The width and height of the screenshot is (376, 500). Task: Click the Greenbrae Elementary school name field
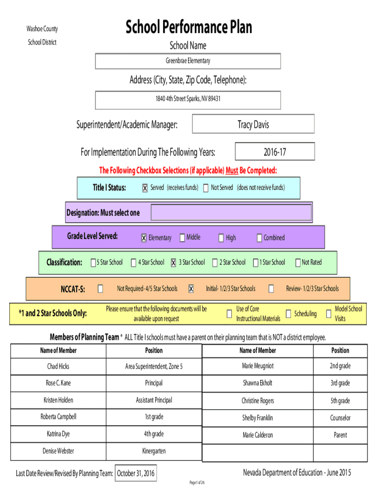[x=188, y=61]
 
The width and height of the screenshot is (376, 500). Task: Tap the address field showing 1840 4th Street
[x=188, y=100]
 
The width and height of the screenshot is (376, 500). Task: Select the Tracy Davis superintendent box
[x=253, y=124]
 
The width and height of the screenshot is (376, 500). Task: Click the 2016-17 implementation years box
[x=275, y=151]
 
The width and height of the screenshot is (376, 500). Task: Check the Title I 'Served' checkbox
[x=145, y=188]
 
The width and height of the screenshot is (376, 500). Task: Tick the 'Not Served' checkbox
[x=206, y=188]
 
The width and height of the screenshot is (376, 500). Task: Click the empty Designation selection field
[x=231, y=212]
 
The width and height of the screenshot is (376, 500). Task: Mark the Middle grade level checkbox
[x=183, y=238]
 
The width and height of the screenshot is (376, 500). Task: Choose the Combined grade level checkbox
[x=259, y=238]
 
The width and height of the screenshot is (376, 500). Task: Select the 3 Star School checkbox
[x=173, y=262]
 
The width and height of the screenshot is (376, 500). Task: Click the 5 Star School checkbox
[x=93, y=262]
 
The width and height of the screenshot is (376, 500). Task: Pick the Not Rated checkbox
[x=298, y=262]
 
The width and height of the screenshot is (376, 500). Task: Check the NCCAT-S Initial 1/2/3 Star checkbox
[x=191, y=289]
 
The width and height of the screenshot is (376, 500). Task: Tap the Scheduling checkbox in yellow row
[x=289, y=314]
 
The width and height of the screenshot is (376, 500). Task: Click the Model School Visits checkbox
[x=329, y=314]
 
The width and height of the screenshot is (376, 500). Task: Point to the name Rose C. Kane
[x=59, y=383]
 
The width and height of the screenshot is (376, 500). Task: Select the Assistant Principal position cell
[x=154, y=400]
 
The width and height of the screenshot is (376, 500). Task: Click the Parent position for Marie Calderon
[x=340, y=435]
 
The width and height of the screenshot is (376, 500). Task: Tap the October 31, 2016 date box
[x=136, y=473]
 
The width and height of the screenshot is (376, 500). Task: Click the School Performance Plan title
[x=189, y=27]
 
